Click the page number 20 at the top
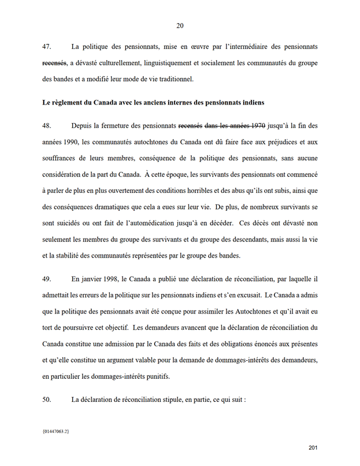click(180, 25)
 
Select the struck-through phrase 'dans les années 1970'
click(237, 125)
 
